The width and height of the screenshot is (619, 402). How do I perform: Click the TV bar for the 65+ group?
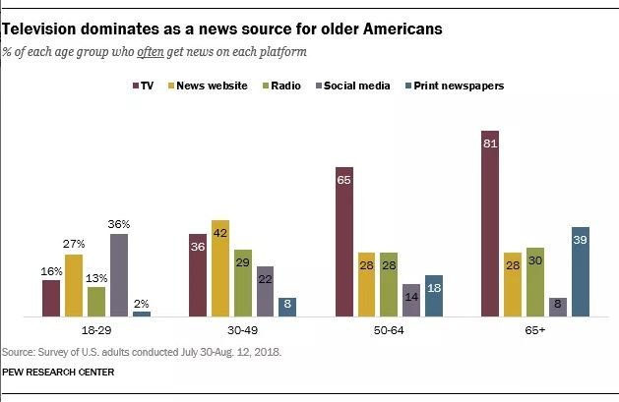tap(490, 223)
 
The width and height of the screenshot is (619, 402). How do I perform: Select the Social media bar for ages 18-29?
tap(119, 274)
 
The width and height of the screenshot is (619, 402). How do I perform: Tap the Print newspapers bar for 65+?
tap(580, 271)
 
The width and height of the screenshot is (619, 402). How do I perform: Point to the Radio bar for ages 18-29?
tap(96, 301)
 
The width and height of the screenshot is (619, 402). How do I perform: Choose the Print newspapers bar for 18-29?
tap(142, 314)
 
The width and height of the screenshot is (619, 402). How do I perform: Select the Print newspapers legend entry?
tap(457, 86)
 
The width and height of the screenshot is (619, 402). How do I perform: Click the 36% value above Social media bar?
tap(119, 224)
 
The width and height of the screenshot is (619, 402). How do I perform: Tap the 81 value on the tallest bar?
tap(490, 143)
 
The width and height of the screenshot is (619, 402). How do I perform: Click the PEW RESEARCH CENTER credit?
tap(58, 372)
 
